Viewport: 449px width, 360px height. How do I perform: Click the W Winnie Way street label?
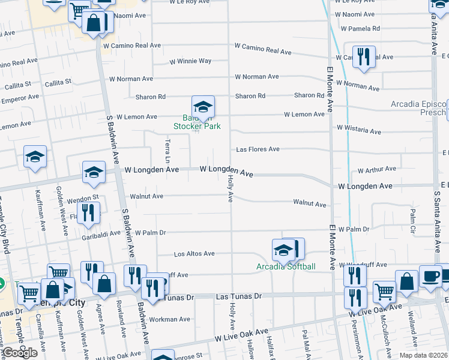tap(190, 61)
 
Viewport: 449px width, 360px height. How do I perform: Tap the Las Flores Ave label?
tap(258, 149)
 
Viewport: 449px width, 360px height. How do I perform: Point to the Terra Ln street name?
tap(167, 151)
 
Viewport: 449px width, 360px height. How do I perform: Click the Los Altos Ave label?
tap(194, 254)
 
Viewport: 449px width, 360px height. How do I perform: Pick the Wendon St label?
tap(83, 197)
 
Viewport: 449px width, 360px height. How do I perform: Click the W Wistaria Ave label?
tap(358, 129)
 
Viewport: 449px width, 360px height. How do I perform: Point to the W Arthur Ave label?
tap(376, 170)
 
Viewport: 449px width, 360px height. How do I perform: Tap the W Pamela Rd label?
tap(360, 28)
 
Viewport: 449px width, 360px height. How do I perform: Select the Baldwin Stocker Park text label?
tap(197, 122)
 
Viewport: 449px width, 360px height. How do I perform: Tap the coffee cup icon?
tap(430, 275)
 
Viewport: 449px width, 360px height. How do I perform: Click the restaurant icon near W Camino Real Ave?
tap(364, 57)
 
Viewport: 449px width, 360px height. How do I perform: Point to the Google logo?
tap(19, 353)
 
